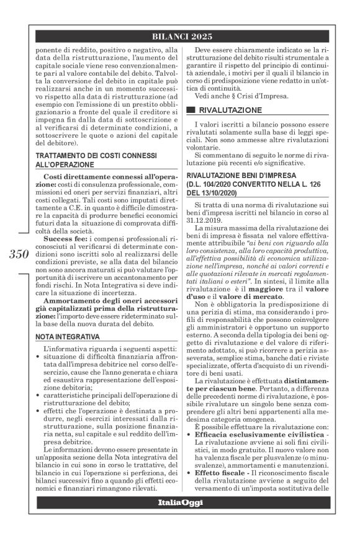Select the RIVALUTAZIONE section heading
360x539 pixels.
(x=231, y=109)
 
